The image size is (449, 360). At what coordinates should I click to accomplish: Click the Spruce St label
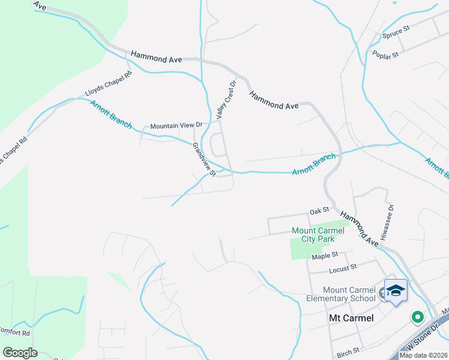coord(396,31)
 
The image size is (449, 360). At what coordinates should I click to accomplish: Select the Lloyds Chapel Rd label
coord(108,85)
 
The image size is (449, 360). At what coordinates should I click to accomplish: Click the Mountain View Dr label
coord(176,125)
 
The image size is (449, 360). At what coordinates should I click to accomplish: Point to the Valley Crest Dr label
coord(227,100)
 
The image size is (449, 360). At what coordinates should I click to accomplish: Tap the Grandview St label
coord(203,159)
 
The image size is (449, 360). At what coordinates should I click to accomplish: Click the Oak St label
coord(319,211)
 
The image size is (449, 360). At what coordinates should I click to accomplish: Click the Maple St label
coord(325,256)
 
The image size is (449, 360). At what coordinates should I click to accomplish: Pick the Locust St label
coord(345,266)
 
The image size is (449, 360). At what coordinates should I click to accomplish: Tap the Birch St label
coord(348,350)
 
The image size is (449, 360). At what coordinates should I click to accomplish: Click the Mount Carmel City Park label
coord(318,235)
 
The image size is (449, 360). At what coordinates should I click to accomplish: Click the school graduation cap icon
coord(396,291)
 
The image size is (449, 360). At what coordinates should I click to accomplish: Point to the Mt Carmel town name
coord(351,318)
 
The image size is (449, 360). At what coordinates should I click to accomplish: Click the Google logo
coord(20,353)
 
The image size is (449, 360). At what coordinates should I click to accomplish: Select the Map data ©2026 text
coord(423,355)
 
